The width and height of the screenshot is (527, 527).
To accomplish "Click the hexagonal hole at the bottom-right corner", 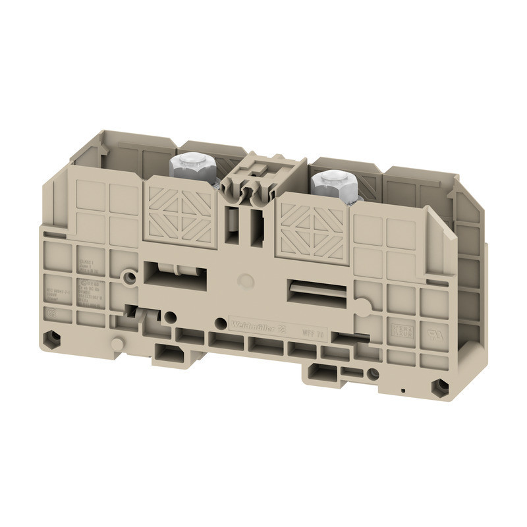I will pyautogui.click(x=439, y=387).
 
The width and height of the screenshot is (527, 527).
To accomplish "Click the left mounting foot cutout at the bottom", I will pyautogui.click(x=170, y=354).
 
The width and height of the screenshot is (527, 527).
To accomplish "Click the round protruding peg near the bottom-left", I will pyautogui.click(x=117, y=344).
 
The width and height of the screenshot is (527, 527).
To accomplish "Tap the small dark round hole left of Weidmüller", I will pyautogui.click(x=220, y=322).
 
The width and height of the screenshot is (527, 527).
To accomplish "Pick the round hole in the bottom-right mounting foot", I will pyautogui.click(x=374, y=374).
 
